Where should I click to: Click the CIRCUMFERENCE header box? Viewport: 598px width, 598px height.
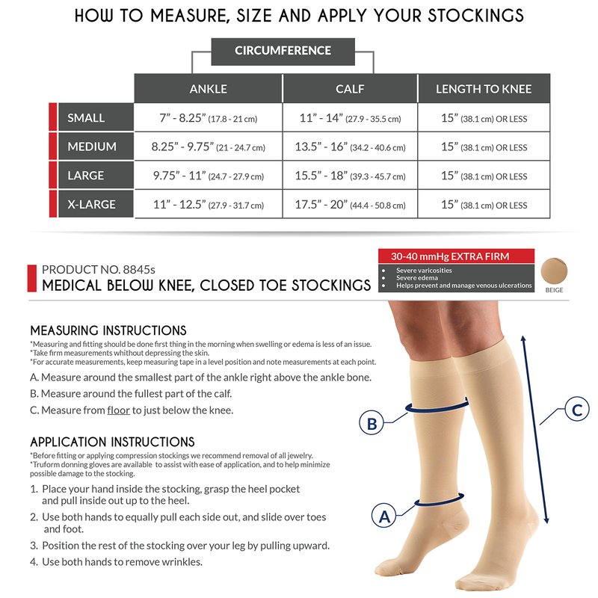click(x=283, y=52)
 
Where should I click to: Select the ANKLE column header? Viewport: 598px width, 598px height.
click(x=209, y=89)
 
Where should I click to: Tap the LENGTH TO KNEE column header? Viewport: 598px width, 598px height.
click(x=484, y=89)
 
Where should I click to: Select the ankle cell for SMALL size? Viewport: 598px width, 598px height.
click(x=209, y=118)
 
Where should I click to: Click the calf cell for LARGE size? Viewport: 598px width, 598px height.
click(x=350, y=176)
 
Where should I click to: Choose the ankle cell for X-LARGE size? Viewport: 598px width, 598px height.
click(x=209, y=204)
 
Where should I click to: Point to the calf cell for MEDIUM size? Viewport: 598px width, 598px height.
click(x=350, y=147)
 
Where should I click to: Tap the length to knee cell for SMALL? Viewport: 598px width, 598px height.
click(x=484, y=118)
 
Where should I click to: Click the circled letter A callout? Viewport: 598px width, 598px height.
click(x=384, y=516)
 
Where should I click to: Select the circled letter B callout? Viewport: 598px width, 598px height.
click(x=372, y=423)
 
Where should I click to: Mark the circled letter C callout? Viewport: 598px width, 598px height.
click(x=576, y=409)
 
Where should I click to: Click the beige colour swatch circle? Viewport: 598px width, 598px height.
click(x=554, y=271)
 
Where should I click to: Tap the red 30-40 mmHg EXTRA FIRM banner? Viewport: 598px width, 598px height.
click(x=456, y=256)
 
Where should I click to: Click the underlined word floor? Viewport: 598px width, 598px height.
click(x=119, y=410)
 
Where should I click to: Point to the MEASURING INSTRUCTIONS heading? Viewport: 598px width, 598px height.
click(x=108, y=330)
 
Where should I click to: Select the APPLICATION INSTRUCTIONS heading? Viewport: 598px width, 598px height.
click(x=113, y=442)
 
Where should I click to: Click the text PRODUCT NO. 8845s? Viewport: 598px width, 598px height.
click(x=99, y=270)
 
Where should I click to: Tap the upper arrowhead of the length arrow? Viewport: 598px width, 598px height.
click(x=523, y=339)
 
